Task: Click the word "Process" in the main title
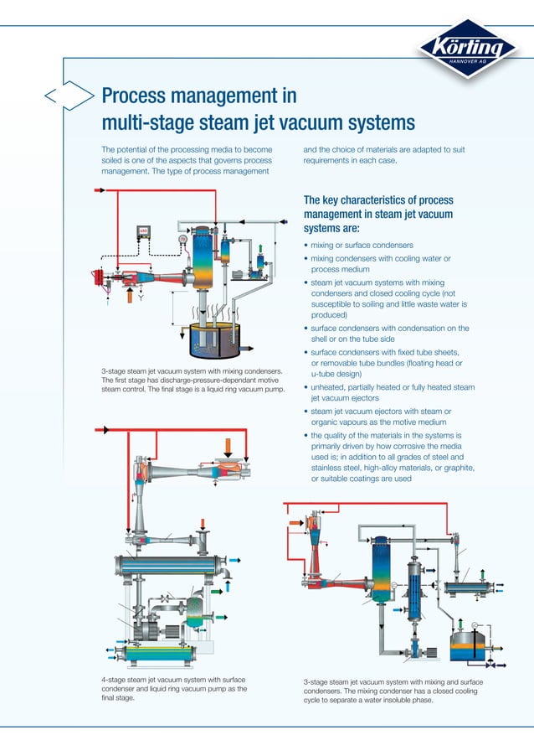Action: [137, 95]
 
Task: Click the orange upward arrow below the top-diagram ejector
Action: [128, 294]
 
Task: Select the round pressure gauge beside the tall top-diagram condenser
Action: [182, 239]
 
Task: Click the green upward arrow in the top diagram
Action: [263, 246]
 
